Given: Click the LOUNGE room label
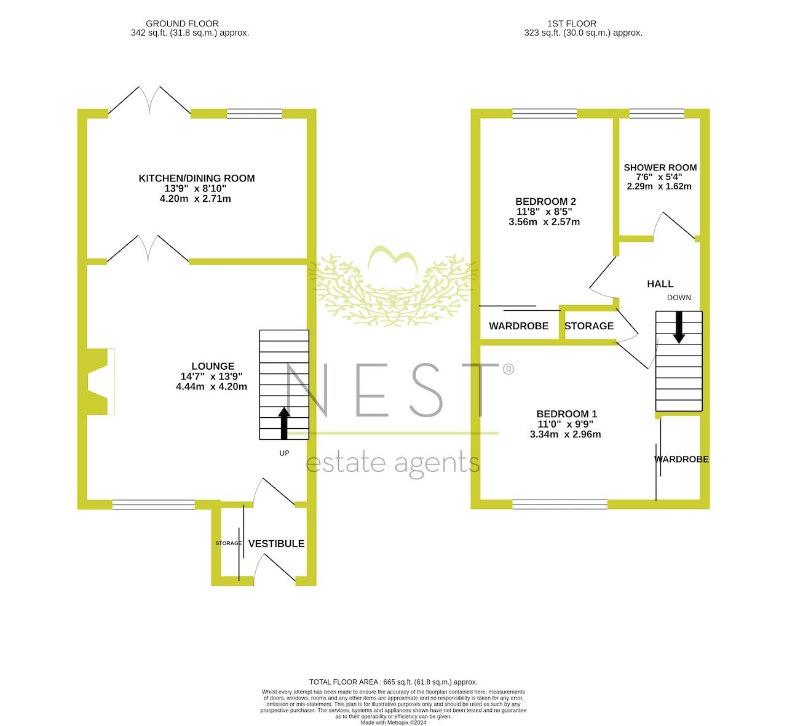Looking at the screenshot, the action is pos(213,366).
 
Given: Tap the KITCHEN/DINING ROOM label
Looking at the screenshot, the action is pos(197,178).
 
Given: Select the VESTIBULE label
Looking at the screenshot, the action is pos(276,543).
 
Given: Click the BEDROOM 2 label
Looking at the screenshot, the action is pos(545,202).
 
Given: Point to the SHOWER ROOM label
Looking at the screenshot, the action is pos(660,167).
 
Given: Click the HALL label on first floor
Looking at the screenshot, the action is pos(660,284).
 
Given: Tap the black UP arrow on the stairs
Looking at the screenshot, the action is pos(283,423).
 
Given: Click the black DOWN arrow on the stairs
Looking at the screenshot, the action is pos(679,327).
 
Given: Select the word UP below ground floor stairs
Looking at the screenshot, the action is pos(284,453).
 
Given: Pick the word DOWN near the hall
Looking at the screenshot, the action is pos(679,298).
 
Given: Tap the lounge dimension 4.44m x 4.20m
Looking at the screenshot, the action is pos(212,386).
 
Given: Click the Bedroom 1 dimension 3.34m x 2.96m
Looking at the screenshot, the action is pos(565,434).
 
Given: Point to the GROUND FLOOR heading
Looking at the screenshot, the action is pos(182,23).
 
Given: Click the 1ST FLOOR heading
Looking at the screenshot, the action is pos(572,23).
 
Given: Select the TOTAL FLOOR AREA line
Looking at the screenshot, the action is pos(393,682).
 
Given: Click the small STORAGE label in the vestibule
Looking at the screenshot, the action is pos(228,543).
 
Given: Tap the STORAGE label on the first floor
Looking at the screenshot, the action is pos(589,325).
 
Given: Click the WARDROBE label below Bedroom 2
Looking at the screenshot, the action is pos(518,325).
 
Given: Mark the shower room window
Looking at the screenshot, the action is pos(657,113).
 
